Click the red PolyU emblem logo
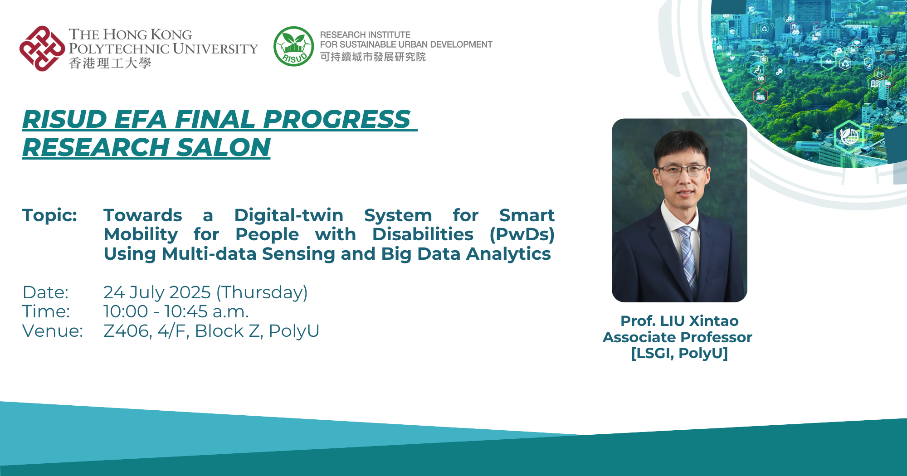click(42, 49)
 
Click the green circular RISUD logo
click(293, 46)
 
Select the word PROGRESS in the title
click(336, 119)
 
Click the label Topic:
click(49, 215)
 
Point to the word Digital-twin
click(288, 215)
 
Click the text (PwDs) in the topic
click(522, 234)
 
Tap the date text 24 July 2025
click(157, 292)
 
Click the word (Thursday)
click(262, 292)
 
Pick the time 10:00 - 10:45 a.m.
click(176, 311)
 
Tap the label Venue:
click(53, 331)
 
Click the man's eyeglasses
click(682, 170)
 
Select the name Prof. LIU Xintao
click(679, 321)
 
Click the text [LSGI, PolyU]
click(679, 353)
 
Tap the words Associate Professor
click(677, 337)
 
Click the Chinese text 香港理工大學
click(110, 63)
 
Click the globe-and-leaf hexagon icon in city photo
click(849, 136)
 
